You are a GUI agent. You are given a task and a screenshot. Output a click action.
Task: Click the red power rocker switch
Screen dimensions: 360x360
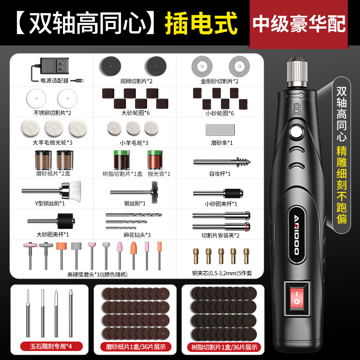296,298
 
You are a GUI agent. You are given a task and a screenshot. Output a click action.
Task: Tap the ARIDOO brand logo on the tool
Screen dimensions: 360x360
297,235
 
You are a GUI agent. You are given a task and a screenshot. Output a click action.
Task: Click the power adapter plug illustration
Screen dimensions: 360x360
54,66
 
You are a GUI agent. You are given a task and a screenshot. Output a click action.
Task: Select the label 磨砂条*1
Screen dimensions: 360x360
222,143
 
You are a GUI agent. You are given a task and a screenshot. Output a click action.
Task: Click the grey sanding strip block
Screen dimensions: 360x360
220,130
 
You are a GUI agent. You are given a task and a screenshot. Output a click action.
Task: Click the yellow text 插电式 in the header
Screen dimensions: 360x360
201,23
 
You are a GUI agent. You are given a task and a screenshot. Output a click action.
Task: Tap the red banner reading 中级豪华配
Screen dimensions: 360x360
299,24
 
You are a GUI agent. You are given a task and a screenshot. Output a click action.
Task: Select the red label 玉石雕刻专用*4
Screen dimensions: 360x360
51,346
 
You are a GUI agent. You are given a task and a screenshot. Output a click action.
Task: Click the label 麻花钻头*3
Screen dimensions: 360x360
137,235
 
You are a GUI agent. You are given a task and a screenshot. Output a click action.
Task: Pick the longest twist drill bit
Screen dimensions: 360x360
134,215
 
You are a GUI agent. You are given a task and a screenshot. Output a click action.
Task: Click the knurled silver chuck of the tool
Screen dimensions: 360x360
297,73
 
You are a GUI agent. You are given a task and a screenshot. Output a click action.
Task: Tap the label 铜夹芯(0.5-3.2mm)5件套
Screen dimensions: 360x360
222,273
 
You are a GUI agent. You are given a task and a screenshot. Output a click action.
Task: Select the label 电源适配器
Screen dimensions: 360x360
54,81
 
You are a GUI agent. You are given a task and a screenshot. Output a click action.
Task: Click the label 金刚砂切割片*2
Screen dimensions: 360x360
220,81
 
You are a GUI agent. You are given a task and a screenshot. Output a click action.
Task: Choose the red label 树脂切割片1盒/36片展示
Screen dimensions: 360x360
224,347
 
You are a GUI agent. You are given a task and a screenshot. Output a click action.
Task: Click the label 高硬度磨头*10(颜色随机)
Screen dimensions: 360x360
97,274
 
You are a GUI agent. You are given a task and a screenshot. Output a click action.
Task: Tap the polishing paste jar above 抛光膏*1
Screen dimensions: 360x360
155,160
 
